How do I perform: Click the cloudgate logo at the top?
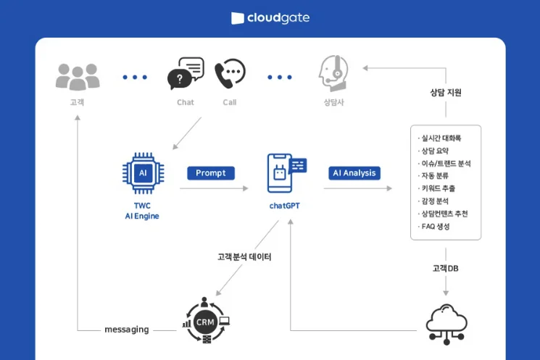coord(270,17)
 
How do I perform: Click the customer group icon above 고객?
coord(77,76)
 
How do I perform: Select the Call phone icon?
coord(230,73)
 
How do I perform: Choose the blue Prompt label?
coord(210,173)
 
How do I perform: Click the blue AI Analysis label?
coord(354,173)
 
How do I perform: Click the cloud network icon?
coord(446,323)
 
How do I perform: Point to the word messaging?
coord(127,330)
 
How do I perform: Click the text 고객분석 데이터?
coord(244,256)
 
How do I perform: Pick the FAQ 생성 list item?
coord(435,227)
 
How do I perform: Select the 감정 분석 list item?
coord(435,201)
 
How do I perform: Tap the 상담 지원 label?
coord(445,93)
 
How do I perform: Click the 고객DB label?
coord(445,268)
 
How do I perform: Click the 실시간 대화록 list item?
coord(440,138)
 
